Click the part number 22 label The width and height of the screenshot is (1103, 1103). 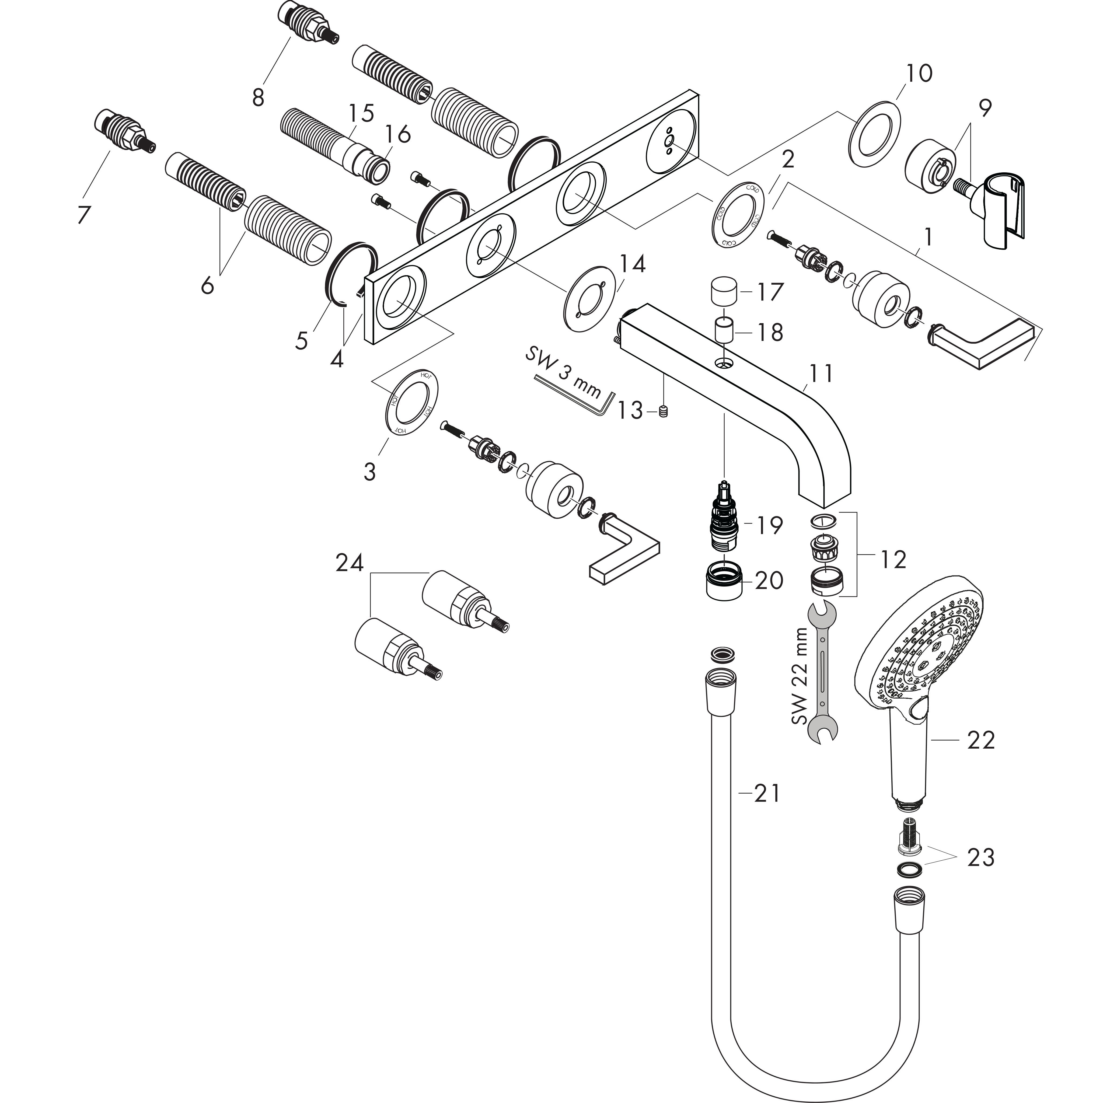[981, 741]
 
